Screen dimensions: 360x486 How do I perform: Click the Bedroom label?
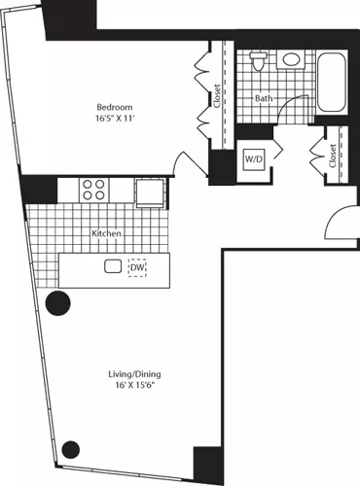pyautogui.click(x=115, y=107)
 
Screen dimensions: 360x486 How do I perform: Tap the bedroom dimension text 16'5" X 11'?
pyautogui.click(x=115, y=119)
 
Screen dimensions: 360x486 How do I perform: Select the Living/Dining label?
pyautogui.click(x=134, y=374)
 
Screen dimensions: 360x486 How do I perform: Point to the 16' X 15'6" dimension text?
pyautogui.click(x=134, y=386)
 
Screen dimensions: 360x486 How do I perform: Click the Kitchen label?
pyautogui.click(x=106, y=233)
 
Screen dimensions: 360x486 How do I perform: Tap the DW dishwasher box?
pyautogui.click(x=137, y=267)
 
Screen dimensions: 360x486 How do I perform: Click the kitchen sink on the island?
pyautogui.click(x=113, y=266)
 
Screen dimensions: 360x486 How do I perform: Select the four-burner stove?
pyautogui.click(x=93, y=190)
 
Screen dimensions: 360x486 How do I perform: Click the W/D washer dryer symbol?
pyautogui.click(x=255, y=159)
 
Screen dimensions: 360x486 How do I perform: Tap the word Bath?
pyautogui.click(x=264, y=98)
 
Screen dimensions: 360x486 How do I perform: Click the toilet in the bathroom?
pyautogui.click(x=259, y=61)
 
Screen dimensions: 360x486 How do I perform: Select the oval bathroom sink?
pyautogui.click(x=291, y=59)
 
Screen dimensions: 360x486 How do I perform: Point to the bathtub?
pyautogui.click(x=331, y=82)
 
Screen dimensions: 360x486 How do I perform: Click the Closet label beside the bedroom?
pyautogui.click(x=217, y=96)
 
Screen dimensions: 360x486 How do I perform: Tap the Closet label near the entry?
pyautogui.click(x=333, y=156)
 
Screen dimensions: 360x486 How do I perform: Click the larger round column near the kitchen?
pyautogui.click(x=58, y=303)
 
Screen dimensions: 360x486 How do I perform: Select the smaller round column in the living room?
pyautogui.click(x=71, y=449)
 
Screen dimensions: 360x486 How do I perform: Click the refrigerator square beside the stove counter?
pyautogui.click(x=150, y=192)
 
